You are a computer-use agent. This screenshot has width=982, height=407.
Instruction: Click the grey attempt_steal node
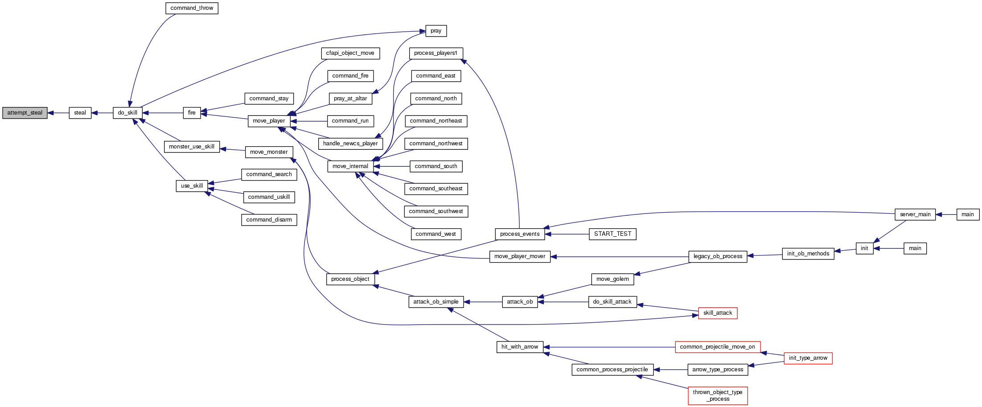[x=25, y=113]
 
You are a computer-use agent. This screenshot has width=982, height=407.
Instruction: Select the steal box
[x=80, y=113]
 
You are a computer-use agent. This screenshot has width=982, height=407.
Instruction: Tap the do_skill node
[x=127, y=113]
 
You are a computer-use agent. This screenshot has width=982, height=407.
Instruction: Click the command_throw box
[x=192, y=8]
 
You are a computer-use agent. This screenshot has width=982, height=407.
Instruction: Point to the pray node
[x=436, y=31]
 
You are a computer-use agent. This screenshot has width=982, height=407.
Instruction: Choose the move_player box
[x=269, y=121]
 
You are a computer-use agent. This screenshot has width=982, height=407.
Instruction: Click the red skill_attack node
[x=718, y=313]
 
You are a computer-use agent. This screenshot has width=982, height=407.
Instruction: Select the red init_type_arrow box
[x=808, y=358]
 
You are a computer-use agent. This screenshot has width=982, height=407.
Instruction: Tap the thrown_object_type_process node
[x=718, y=395]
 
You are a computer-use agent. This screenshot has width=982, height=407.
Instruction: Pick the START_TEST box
[x=612, y=234]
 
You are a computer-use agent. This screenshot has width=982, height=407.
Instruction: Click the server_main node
[x=915, y=214]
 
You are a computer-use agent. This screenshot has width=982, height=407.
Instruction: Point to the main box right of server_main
[x=967, y=214]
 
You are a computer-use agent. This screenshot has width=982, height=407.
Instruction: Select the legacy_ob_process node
[x=718, y=256]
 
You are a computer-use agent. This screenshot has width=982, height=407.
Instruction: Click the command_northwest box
[x=436, y=144]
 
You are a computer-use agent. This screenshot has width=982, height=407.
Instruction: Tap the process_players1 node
[x=436, y=53]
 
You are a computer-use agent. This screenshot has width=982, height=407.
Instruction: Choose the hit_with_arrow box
[x=520, y=347]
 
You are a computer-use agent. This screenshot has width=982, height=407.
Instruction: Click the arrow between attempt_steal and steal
[x=58, y=113]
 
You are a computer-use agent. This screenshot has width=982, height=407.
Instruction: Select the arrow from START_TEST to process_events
[x=570, y=234]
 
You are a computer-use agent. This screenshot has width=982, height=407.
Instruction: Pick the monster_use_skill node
[x=192, y=147]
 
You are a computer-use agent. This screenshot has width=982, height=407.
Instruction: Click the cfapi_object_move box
[x=350, y=53]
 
